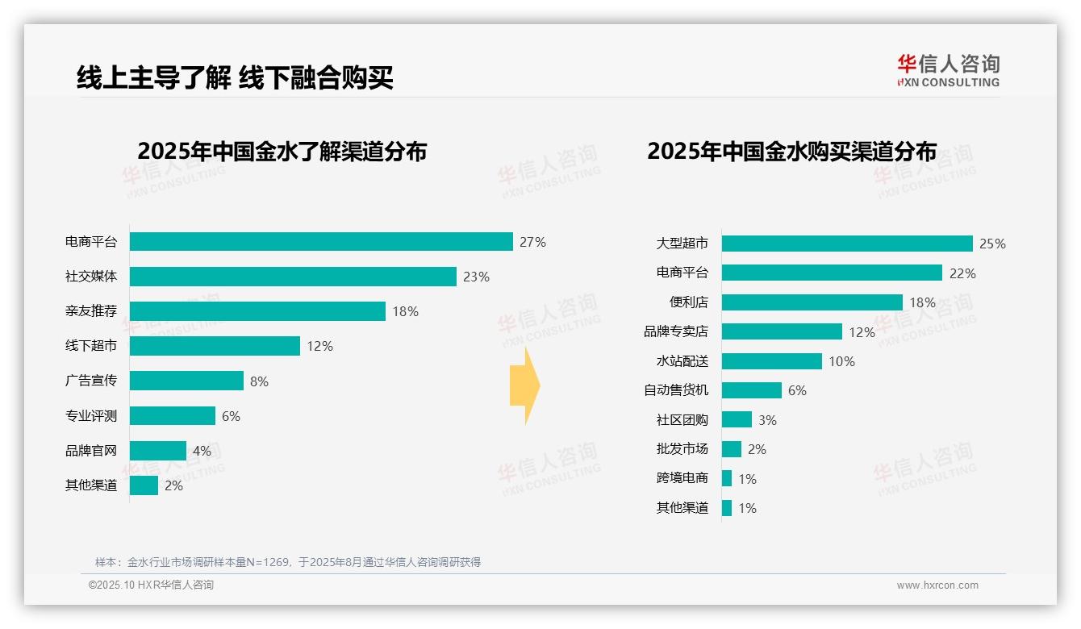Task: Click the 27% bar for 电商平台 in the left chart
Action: coord(321,242)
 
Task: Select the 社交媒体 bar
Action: coord(293,277)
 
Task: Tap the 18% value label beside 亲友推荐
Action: coord(405,311)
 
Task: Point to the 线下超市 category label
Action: coord(91,346)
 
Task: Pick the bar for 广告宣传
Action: coord(186,381)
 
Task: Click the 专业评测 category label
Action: coord(91,416)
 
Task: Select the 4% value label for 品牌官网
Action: coord(202,451)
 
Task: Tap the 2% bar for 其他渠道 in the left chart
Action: coord(144,485)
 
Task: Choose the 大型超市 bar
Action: coord(847,244)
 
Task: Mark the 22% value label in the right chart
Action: coord(962,273)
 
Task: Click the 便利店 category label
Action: coord(689,302)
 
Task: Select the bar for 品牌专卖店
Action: coord(782,331)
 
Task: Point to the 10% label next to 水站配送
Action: coord(841,361)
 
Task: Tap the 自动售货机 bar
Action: coord(752,390)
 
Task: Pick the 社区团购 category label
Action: coord(682,420)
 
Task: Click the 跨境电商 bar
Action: coord(727,478)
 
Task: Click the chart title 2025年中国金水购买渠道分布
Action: coord(791,152)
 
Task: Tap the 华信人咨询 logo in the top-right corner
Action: coord(948,70)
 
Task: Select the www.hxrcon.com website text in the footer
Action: coord(937,585)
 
